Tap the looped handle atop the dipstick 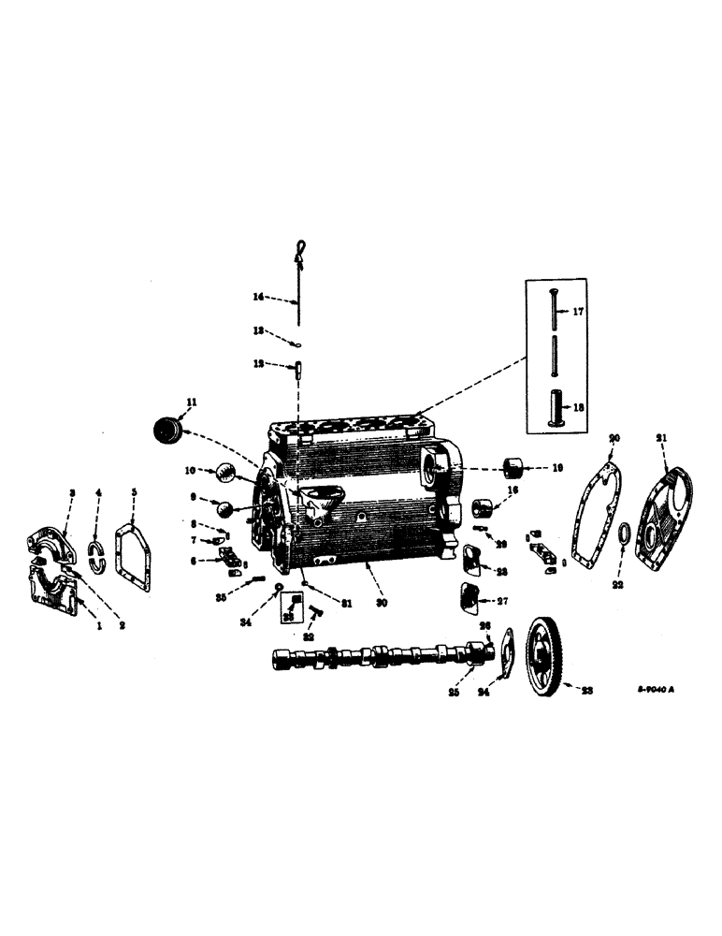(299, 248)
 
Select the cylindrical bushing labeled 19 (513, 467)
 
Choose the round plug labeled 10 (227, 473)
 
